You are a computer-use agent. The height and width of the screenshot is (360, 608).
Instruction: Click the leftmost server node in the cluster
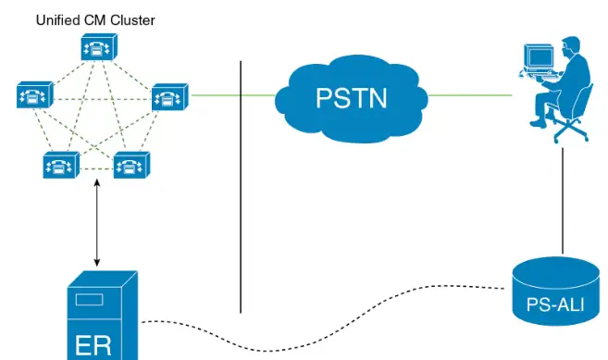[x=34, y=94]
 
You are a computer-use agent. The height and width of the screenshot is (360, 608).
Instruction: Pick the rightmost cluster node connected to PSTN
[x=169, y=95]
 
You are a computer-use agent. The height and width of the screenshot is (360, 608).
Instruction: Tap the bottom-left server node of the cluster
[x=61, y=166]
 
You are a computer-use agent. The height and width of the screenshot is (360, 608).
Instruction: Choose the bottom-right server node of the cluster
[x=131, y=166]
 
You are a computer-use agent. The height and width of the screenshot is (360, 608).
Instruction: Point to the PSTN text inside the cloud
[x=353, y=97]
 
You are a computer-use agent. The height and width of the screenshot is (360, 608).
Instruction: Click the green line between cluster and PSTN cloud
[x=231, y=94]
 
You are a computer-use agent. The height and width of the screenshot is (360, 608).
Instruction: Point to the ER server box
[x=103, y=315]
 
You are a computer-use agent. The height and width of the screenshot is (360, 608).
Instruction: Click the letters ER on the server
[x=93, y=344]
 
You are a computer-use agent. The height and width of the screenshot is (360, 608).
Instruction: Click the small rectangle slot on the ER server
[x=89, y=300]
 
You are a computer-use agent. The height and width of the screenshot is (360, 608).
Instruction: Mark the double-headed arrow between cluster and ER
[x=96, y=222]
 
